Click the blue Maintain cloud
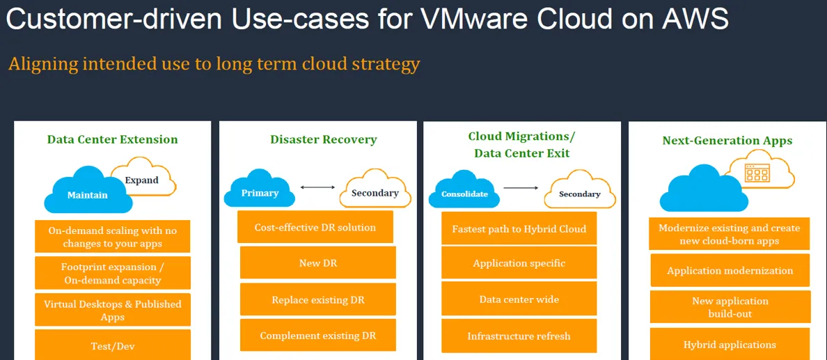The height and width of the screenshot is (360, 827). pos(88,190)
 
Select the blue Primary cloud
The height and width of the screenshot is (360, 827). pos(259,189)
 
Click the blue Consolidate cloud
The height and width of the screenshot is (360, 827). pos(464,189)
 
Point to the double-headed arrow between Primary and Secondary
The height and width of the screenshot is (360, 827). pos(317,187)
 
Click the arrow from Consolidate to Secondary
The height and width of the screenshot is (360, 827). pos(521,187)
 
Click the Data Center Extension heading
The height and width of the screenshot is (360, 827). pos(112,139)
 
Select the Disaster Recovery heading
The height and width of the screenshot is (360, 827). pos(324,139)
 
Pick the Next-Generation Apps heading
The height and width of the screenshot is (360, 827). pos(727,141)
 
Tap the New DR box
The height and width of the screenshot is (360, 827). pos(318,263)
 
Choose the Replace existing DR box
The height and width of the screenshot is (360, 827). pos(318,299)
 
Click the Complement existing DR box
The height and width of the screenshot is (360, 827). pos(318,335)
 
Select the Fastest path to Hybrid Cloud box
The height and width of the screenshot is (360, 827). pos(519,228)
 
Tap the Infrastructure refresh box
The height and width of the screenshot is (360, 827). pos(519,336)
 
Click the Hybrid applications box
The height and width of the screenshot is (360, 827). pos(730,344)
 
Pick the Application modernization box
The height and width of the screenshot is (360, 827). pos(730,270)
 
